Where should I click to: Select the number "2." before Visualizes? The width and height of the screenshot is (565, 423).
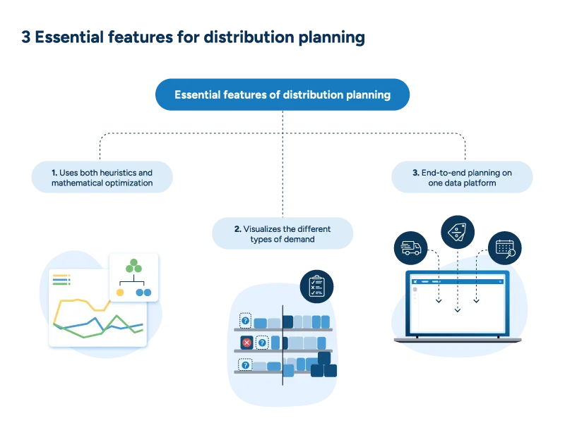click(x=237, y=229)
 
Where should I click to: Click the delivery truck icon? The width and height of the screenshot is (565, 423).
click(x=411, y=248)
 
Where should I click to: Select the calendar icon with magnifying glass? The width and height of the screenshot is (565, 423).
click(x=505, y=247)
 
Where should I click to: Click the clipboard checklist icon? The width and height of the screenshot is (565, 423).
click(x=316, y=286)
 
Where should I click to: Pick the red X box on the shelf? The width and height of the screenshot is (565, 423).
click(x=246, y=343)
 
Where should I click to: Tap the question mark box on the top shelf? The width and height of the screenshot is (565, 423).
click(x=245, y=321)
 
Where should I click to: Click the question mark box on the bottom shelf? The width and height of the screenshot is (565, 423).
click(x=245, y=365)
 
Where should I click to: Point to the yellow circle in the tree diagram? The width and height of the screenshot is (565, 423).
click(x=120, y=292)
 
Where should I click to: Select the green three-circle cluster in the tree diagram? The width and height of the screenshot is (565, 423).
click(x=134, y=267)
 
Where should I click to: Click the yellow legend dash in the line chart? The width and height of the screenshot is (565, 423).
click(x=61, y=276)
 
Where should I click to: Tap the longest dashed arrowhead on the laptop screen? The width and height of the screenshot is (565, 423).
click(x=457, y=309)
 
